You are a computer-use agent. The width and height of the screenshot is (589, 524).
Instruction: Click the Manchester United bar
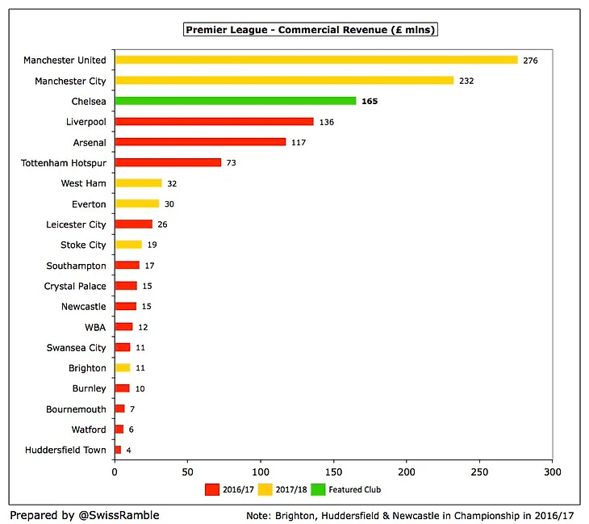pos(316,60)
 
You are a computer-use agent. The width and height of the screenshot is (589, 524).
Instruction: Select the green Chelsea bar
pos(236,101)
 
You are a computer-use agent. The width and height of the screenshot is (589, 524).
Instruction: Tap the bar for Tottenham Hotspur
pos(168,162)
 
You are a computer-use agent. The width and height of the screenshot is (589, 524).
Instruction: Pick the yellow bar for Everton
pos(137,203)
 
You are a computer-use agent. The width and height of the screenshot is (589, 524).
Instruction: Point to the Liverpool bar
pos(214,122)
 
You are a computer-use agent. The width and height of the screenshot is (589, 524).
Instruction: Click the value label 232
pos(467,81)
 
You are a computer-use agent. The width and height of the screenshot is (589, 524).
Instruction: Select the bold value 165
pos(370,102)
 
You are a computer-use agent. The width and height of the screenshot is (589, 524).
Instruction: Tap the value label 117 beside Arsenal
pos(299,142)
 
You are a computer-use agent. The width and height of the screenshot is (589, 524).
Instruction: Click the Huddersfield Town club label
pos(65,450)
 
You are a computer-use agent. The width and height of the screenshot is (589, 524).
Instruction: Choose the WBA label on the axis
pos(94,327)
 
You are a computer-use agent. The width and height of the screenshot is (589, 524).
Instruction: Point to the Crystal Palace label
pos(75,286)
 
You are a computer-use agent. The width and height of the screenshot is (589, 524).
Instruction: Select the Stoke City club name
pos(83,245)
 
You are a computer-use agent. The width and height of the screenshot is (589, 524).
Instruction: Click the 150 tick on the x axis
pos(334,470)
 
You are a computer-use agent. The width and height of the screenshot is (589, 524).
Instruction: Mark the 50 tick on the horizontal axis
pos(188,470)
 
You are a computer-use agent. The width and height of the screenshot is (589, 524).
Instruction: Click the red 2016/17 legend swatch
pos(212,489)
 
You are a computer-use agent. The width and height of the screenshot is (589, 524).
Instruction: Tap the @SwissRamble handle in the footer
pos(108,514)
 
